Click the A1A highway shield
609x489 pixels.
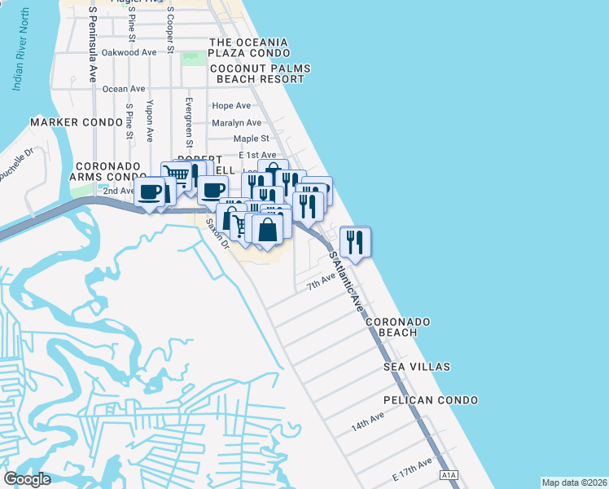[x=449, y=474]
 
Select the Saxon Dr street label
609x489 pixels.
[x=217, y=232]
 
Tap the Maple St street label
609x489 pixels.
[x=251, y=139]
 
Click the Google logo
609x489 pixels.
[x=27, y=479]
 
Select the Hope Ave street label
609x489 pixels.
[x=231, y=106]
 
